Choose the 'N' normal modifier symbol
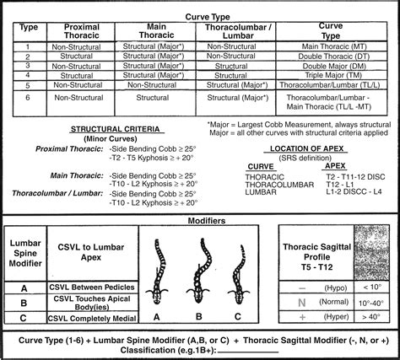point(302,300)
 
